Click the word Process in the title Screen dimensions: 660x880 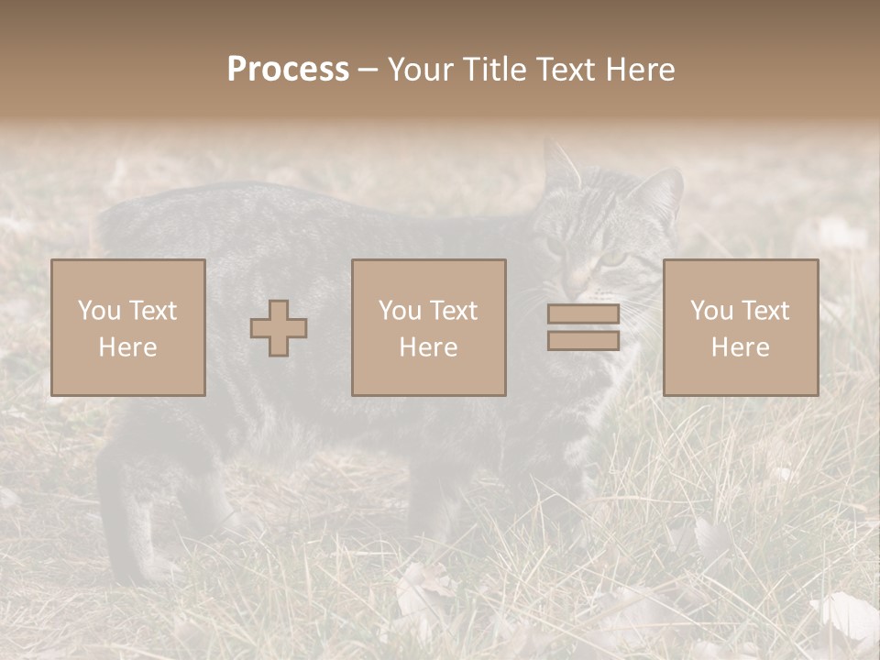[288, 70]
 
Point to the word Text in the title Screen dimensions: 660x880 [568, 70]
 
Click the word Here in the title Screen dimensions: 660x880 [642, 70]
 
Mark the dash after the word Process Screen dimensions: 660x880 [368, 71]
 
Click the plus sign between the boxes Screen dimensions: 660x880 [279, 328]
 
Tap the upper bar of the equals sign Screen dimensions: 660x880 [583, 314]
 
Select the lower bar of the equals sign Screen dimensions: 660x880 [583, 341]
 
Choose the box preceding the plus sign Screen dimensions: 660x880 [128, 328]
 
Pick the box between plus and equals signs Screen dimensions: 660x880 [429, 328]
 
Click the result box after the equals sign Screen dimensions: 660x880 [741, 328]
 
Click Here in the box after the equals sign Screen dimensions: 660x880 [741, 347]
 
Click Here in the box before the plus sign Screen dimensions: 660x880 [128, 347]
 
